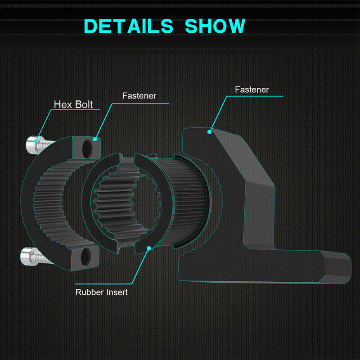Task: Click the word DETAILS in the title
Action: tap(128, 26)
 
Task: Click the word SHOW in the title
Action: tap(215, 26)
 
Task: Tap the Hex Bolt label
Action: tap(73, 104)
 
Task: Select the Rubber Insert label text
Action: tap(102, 292)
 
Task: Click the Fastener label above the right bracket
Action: tap(252, 90)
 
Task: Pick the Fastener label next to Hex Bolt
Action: tap(139, 96)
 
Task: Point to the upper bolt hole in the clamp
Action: tap(87, 149)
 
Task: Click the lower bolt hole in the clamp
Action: tap(85, 256)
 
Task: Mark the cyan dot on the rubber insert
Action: tap(149, 248)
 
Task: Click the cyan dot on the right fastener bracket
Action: tap(209, 132)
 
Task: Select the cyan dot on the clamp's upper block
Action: tap(95, 139)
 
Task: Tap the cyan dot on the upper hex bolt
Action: tap(36, 140)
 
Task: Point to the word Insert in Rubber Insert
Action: tap(117, 292)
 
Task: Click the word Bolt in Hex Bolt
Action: tap(84, 104)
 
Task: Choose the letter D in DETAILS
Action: tap(92, 26)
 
